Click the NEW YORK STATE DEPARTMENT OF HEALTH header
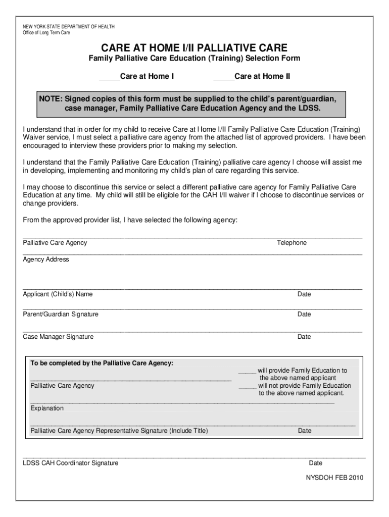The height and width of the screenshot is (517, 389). point(69,26)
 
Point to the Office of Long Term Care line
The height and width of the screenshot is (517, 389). point(46,33)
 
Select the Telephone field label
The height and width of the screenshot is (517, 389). point(291,243)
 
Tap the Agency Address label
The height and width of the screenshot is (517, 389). point(46,260)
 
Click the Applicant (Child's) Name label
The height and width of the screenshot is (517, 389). point(58,294)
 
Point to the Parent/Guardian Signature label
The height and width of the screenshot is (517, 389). point(61,315)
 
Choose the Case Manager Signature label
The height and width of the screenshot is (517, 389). point(58,337)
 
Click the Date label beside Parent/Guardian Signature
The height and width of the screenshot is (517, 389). point(304,315)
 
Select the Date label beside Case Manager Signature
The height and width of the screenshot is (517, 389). point(304,337)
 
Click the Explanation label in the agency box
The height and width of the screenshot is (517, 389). point(47,408)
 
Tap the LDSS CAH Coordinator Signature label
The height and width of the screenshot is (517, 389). point(71,463)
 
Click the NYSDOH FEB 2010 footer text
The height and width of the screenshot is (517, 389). point(334,478)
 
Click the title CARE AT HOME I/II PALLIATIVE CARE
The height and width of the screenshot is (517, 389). point(194,48)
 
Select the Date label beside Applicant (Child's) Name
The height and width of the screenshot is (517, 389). point(304,294)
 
